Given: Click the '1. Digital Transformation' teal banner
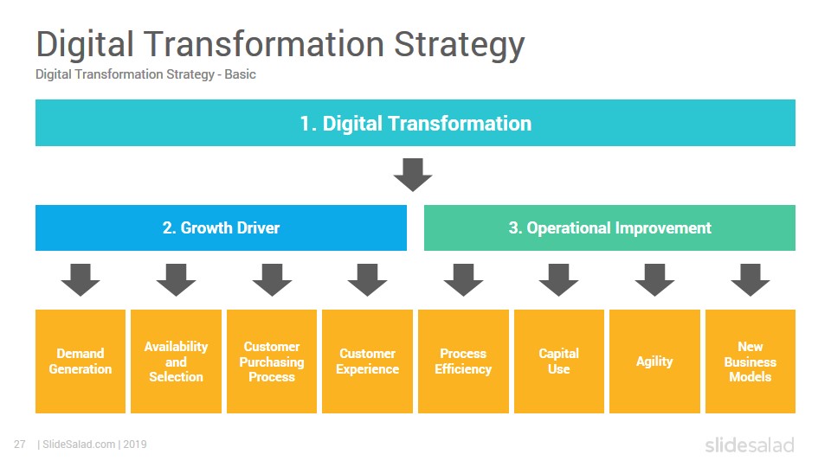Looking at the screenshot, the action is point(415,123).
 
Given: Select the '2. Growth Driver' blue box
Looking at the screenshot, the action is point(221,227).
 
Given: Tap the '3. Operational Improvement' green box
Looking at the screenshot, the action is point(609,227).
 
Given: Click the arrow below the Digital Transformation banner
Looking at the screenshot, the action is point(413,174).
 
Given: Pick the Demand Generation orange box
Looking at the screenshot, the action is point(81,361).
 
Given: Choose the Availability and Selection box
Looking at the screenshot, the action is point(176,361).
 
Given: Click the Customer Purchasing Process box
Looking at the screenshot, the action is point(272,361).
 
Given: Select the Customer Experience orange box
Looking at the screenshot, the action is point(367,361).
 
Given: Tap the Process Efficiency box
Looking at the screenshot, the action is point(463,361).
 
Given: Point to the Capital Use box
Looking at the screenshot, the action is point(559,361).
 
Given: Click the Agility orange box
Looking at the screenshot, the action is point(654,361).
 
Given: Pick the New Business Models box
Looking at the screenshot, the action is point(750,361).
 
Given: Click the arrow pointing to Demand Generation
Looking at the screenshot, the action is point(81,279).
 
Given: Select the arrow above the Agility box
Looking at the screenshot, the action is point(654,279).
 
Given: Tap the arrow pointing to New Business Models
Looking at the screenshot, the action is point(750,279).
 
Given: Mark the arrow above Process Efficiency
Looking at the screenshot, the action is point(463,279).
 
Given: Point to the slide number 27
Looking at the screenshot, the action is point(20,445).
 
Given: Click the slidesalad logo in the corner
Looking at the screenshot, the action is point(750,445).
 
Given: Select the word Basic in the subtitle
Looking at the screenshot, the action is point(240,74).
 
